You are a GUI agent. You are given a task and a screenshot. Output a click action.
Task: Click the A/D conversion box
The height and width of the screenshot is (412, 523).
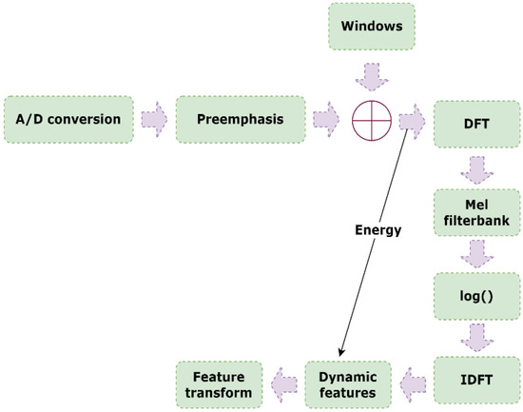pyautogui.click(x=68, y=120)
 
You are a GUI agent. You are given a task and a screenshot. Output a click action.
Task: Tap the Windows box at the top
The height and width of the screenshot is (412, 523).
pyautogui.click(x=372, y=27)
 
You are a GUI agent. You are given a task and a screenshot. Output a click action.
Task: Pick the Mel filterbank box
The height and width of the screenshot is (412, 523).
pyautogui.click(x=478, y=214)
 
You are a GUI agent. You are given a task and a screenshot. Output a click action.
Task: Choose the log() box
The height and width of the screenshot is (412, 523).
pyautogui.click(x=478, y=297)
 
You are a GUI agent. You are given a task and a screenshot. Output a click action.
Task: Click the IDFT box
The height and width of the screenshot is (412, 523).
pyautogui.click(x=478, y=383)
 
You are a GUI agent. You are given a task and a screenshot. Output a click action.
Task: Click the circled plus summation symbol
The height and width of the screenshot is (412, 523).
pyautogui.click(x=372, y=122)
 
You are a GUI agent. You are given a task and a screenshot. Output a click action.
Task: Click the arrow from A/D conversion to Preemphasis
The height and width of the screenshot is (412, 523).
pyautogui.click(x=153, y=120)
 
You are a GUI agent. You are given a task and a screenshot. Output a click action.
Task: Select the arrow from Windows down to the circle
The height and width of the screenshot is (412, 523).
pyautogui.click(x=372, y=74)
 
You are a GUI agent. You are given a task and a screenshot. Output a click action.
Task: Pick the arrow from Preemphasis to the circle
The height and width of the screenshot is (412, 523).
pyautogui.click(x=325, y=121)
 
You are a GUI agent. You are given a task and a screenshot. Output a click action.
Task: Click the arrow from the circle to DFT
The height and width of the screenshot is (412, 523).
pyautogui.click(x=413, y=122)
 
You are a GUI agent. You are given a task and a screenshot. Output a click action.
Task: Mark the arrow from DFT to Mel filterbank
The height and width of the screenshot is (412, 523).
pyautogui.click(x=478, y=167)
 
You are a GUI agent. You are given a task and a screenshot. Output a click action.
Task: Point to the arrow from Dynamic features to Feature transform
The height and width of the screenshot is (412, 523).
pyautogui.click(x=281, y=383)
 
